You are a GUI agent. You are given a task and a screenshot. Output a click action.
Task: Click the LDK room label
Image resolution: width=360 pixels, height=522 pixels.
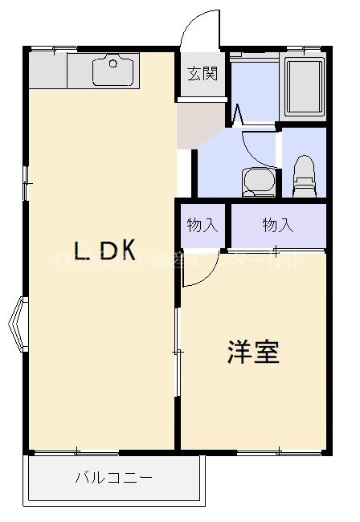click(x=104, y=251)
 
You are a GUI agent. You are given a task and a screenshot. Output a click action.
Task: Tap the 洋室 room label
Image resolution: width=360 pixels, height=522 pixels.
click(x=254, y=352)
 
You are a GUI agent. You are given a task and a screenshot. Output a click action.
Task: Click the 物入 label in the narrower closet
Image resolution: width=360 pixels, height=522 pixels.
click(x=202, y=226)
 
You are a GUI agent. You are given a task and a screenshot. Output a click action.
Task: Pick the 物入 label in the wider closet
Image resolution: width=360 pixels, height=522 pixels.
click(x=278, y=226)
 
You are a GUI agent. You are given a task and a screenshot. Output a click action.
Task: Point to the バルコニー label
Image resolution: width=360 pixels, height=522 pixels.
click(x=113, y=479)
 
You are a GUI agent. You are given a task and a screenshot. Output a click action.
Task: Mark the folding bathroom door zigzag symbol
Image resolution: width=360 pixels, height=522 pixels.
click(x=239, y=114)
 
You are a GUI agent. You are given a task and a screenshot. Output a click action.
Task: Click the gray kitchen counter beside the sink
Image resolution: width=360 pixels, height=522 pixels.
click(x=48, y=71)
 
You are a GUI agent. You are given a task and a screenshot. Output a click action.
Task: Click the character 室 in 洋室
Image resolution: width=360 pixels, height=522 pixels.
click(x=267, y=352)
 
